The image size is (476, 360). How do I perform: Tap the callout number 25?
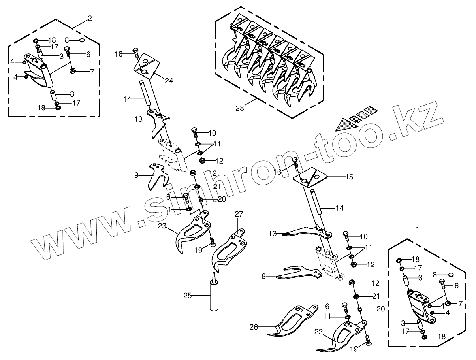[187, 295]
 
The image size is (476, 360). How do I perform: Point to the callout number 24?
[169, 81]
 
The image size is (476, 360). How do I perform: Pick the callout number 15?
[349, 177]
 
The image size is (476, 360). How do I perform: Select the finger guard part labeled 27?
[230, 249]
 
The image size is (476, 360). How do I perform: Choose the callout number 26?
[254, 327]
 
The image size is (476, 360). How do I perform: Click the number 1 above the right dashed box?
[418, 228]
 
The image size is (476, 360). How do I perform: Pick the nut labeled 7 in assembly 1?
[448, 303]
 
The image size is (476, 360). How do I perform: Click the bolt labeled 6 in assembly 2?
[68, 51]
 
